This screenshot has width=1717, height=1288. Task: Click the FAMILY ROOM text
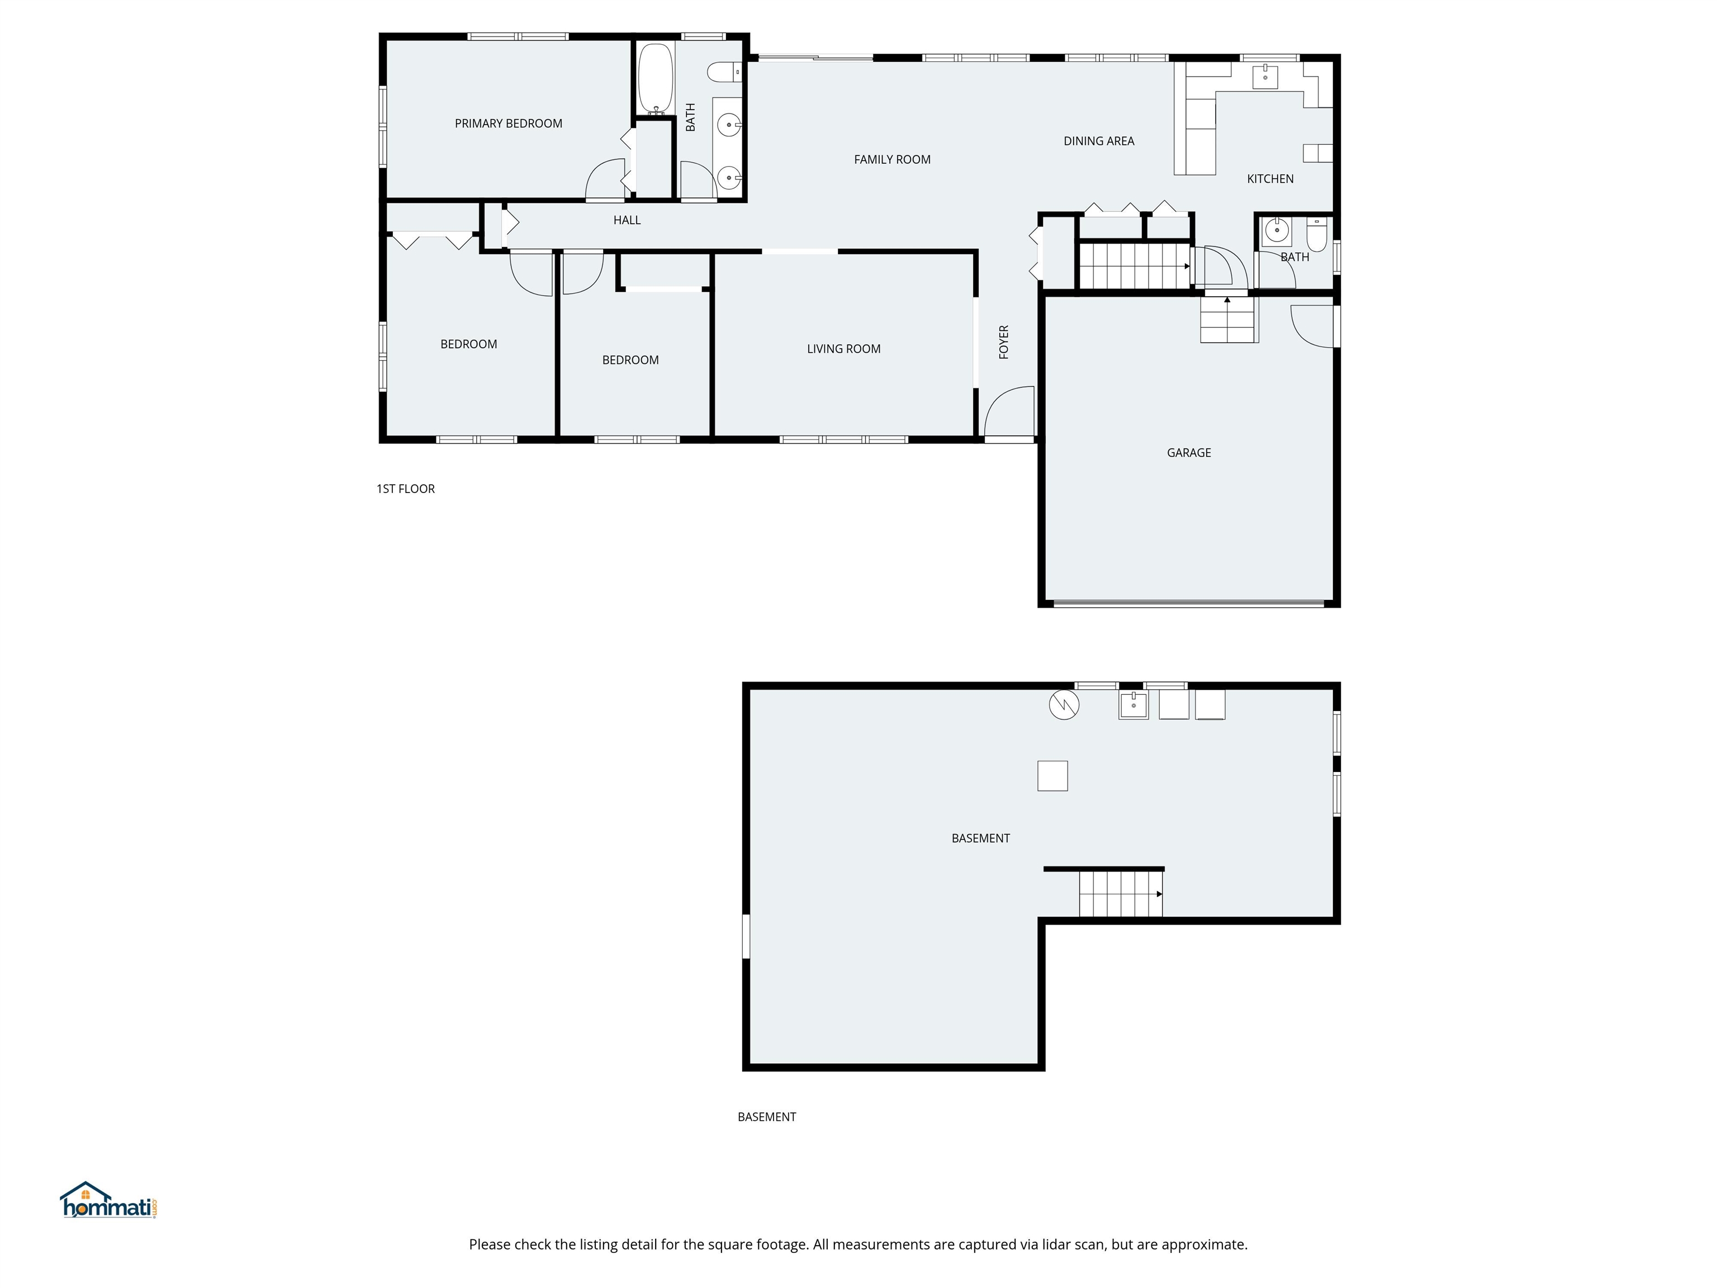892,160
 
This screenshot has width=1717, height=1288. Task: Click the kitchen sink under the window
1265,76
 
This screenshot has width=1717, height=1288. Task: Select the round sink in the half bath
1276,230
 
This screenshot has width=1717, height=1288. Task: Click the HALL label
627,220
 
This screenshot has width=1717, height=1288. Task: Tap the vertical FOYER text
1004,342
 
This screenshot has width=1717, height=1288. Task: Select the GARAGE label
1188,453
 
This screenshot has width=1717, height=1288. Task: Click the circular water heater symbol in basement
1064,705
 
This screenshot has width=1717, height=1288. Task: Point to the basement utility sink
1132,705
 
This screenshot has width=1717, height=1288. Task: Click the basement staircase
1120,893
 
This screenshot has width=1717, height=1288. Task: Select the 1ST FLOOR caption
405,489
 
